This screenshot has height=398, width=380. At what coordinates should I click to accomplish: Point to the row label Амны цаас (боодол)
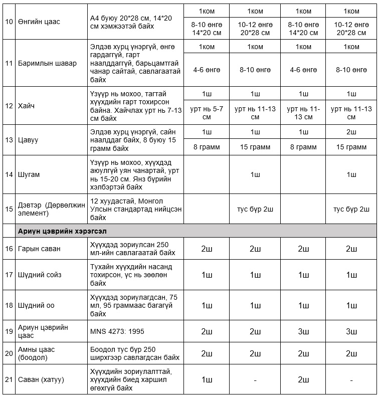click(37, 353)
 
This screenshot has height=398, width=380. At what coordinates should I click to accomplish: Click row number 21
click(8, 379)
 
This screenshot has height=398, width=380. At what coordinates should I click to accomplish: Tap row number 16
click(8, 248)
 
